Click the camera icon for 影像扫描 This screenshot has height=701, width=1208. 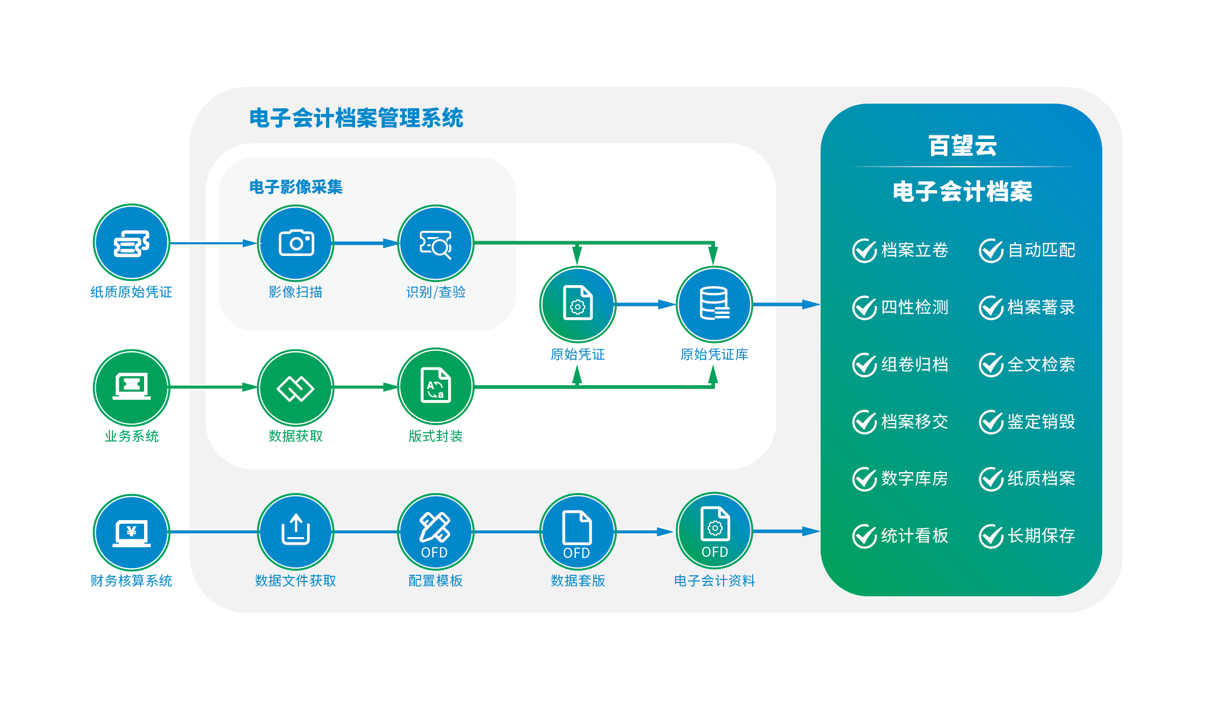pyautogui.click(x=295, y=243)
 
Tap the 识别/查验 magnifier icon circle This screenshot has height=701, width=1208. pyautogui.click(x=435, y=243)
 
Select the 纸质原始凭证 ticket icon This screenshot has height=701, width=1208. pyautogui.click(x=131, y=243)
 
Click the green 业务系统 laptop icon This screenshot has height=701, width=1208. pyautogui.click(x=131, y=387)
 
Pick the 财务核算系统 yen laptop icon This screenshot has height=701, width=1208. pyautogui.click(x=131, y=532)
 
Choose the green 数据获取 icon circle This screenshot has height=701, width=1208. pyautogui.click(x=295, y=387)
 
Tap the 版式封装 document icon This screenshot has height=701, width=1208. pyautogui.click(x=435, y=386)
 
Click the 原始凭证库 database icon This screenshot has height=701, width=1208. pyautogui.click(x=714, y=304)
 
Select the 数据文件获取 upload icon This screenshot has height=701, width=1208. pyautogui.click(x=295, y=531)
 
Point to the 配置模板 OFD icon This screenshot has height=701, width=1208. pyautogui.click(x=435, y=531)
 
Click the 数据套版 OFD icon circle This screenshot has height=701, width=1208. pyautogui.click(x=577, y=531)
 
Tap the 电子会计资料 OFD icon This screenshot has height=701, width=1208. pyautogui.click(x=714, y=530)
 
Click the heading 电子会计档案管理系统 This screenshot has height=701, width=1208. pyautogui.click(x=356, y=118)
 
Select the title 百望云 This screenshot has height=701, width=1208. pyautogui.click(x=962, y=146)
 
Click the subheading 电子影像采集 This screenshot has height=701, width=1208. pyautogui.click(x=295, y=187)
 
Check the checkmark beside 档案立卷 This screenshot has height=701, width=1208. pyautogui.click(x=865, y=250)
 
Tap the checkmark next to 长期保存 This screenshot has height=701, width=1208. pyautogui.click(x=991, y=536)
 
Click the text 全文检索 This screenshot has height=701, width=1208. pyautogui.click(x=1041, y=365)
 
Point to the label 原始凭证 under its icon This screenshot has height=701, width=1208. pyautogui.click(x=577, y=354)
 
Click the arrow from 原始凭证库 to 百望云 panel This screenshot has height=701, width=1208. pyautogui.click(x=787, y=305)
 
